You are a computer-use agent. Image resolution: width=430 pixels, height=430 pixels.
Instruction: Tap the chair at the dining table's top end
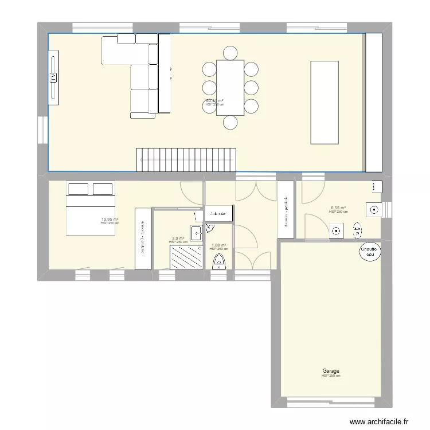[x=230, y=53]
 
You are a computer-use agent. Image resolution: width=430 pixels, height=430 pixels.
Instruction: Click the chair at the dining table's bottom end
[x=230, y=122]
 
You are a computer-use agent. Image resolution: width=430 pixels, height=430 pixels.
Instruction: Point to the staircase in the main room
[x=186, y=159]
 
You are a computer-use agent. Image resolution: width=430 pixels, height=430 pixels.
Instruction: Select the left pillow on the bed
[x=79, y=189]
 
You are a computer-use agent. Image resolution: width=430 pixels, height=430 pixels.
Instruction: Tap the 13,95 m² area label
[x=110, y=219]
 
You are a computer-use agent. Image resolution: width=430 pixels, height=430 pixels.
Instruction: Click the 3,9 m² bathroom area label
[x=178, y=238]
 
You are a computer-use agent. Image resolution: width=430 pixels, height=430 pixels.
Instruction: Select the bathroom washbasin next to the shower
[x=196, y=232]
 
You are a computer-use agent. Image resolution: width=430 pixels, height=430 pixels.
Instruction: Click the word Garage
[x=330, y=371]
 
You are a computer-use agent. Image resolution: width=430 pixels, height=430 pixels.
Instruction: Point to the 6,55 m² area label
[x=338, y=208]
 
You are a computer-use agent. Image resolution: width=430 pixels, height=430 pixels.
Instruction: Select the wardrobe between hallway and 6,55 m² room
[x=286, y=210]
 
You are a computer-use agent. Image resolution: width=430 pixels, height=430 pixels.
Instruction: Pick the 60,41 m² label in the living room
[x=214, y=101]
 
